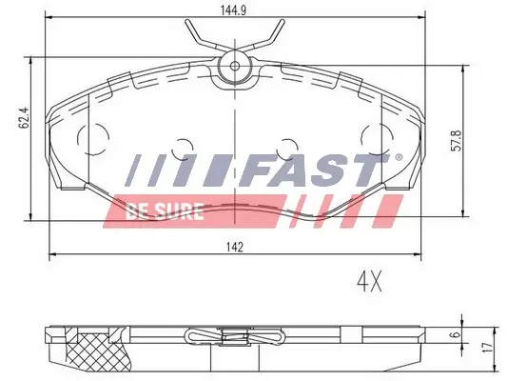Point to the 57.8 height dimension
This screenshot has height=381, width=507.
click(x=456, y=142)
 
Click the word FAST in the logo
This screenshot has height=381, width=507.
click(x=313, y=173)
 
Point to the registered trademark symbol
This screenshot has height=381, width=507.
click(x=398, y=157)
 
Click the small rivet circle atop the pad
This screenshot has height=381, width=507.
click(x=234, y=67)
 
